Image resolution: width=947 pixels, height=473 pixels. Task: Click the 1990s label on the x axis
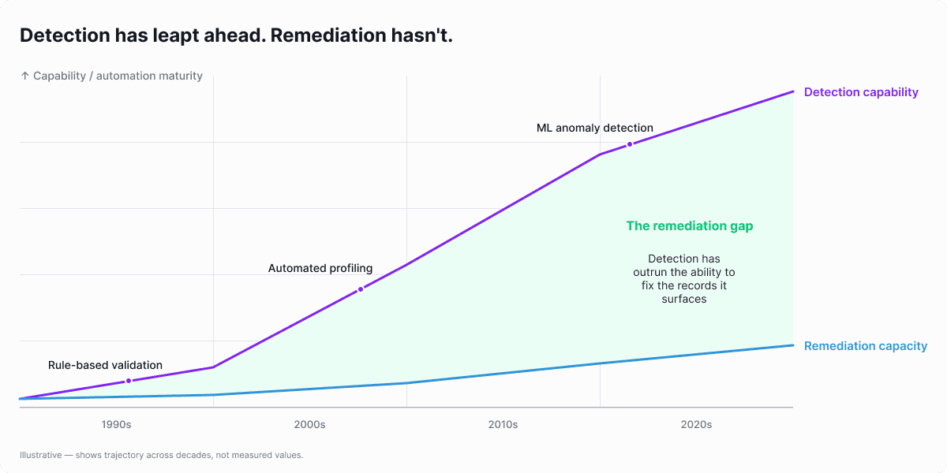click(116, 425)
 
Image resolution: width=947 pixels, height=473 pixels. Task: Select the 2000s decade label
click(309, 425)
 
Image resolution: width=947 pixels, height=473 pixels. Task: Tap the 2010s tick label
click(503, 425)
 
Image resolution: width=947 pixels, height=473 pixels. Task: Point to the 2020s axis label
click(696, 425)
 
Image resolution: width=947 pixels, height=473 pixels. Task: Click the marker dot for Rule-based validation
click(129, 382)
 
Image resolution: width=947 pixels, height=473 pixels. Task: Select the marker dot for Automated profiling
click(361, 289)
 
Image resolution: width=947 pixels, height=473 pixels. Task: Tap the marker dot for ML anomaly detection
click(630, 144)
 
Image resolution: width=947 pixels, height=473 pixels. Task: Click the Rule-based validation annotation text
click(105, 365)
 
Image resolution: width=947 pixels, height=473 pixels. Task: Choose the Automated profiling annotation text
click(320, 268)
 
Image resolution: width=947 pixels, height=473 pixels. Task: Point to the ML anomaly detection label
click(594, 128)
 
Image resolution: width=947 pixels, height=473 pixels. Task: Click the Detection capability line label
click(861, 92)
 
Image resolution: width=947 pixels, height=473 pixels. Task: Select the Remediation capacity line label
click(865, 346)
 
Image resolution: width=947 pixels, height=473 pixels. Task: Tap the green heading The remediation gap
click(689, 226)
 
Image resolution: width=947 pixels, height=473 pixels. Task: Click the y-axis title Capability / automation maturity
click(118, 76)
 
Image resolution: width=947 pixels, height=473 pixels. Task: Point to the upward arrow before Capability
click(24, 76)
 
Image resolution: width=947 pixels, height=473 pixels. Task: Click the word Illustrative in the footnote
click(40, 455)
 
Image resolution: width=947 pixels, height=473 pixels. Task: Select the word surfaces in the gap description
click(684, 299)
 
